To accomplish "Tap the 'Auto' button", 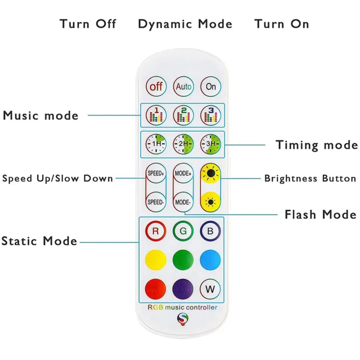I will (x=183, y=86).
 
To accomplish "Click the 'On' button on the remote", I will (x=210, y=86).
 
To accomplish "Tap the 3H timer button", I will (x=210, y=144).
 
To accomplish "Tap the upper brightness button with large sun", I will (x=210, y=174).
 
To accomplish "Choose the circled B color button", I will (x=210, y=231).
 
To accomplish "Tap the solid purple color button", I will (x=183, y=289).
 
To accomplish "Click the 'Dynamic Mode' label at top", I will (x=185, y=24).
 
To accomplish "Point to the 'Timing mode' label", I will (x=316, y=145).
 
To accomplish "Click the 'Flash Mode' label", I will (x=320, y=214).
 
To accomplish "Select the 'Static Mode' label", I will (x=39, y=241).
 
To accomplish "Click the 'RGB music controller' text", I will (x=182, y=307).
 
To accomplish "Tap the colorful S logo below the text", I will (x=182, y=318).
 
